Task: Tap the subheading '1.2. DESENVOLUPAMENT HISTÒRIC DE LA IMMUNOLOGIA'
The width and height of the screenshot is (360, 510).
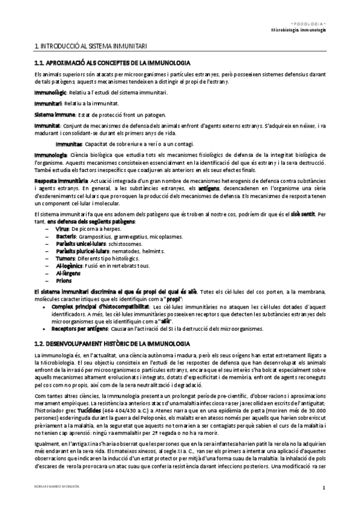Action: pos(113,342)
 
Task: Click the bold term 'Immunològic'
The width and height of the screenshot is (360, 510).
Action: pos(51,92)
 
